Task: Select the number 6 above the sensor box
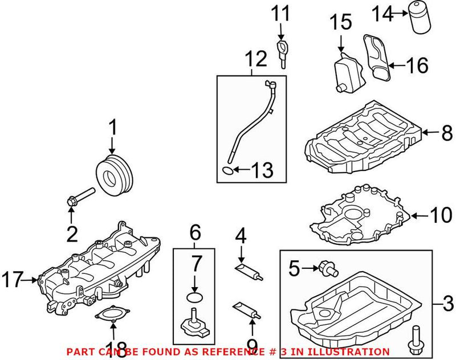[195, 232]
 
